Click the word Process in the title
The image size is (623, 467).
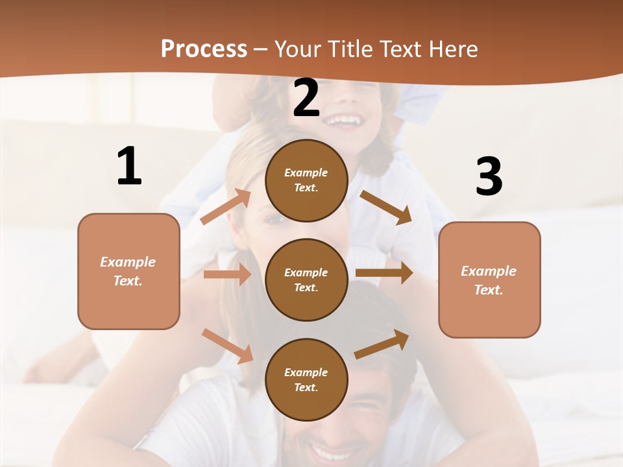[204, 49]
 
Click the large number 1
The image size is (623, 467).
[129, 166]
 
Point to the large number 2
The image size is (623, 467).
[306, 99]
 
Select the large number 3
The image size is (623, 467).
[489, 176]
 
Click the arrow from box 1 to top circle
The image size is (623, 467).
[226, 206]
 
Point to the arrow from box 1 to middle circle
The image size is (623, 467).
[226, 274]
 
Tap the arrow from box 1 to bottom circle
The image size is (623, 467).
[227, 346]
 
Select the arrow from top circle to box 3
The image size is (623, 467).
[385, 207]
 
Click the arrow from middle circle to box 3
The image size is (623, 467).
[384, 273]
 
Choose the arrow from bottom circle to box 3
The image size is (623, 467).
[382, 344]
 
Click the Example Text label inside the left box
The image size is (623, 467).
[128, 271]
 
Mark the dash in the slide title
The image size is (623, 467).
[261, 50]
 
